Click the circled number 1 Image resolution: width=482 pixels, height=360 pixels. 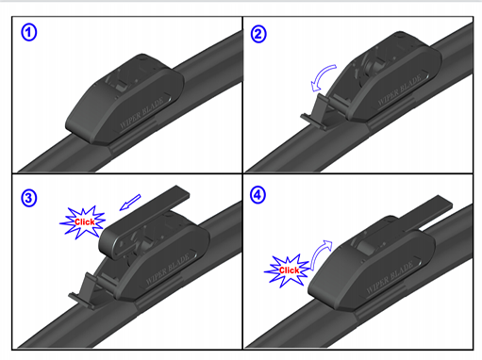coord(29,33)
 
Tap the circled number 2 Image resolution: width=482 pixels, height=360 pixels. coord(258,34)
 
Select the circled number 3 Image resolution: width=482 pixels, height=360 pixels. coord(29,198)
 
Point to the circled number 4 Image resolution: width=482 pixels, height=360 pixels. coord(258,195)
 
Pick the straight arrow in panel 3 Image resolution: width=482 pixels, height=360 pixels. coord(130,203)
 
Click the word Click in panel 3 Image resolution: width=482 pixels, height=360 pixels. coord(84,222)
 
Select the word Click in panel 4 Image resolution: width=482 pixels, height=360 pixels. coord(289,270)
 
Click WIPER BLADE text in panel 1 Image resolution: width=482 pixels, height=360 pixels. coord(141,113)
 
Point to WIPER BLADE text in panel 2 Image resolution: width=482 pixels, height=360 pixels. coord(399,90)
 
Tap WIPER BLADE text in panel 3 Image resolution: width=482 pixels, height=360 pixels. coord(168,270)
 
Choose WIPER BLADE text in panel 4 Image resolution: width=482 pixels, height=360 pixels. coord(390,278)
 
